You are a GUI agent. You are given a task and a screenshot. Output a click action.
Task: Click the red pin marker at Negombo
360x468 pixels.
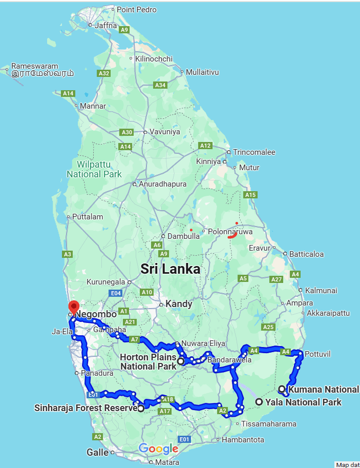pos(73,307)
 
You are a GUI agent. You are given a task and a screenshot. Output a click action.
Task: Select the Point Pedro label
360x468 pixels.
pos(136,9)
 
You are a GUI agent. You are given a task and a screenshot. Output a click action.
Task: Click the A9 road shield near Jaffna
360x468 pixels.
pos(124,30)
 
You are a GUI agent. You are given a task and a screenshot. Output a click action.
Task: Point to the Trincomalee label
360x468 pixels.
pos(254,152)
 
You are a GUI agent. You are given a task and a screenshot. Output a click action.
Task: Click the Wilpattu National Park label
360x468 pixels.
pos(94,169)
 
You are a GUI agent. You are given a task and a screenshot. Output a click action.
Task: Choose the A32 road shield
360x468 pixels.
pos(104,73)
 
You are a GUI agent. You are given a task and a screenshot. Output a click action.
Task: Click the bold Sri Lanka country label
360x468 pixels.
pos(170,269)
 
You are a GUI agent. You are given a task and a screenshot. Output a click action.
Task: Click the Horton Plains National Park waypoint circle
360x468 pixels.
pos(181,361)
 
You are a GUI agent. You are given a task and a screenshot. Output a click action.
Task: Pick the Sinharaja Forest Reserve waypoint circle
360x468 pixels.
pos(141,409)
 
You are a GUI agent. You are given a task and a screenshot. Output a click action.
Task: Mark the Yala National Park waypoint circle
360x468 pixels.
pos(260,402)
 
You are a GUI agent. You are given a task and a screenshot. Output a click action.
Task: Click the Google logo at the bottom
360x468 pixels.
pos(158,449)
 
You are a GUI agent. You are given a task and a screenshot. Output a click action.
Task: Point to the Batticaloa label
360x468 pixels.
pos(307,254)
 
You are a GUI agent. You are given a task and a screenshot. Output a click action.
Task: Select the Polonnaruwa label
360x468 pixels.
pos(231,231)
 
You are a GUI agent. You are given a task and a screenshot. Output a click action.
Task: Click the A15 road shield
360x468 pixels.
pos(250,195)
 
